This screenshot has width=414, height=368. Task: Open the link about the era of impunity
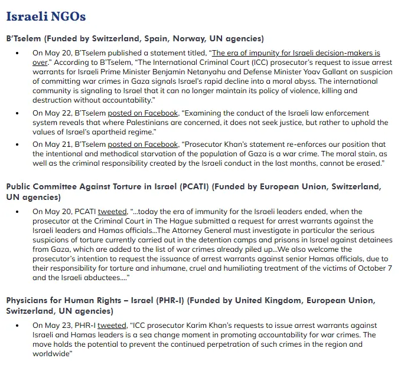[x=295, y=52]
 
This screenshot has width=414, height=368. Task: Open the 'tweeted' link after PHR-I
[x=112, y=325]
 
